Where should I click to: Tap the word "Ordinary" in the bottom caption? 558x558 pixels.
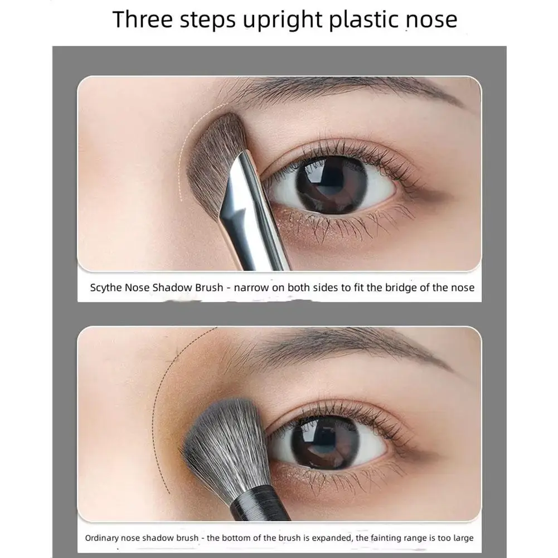pyautogui.click(x=102, y=538)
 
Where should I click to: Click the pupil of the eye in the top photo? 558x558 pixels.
pyautogui.click(x=331, y=185)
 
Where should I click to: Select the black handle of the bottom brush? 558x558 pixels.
pyautogui.click(x=260, y=506)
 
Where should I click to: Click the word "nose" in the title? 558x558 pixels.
pyautogui.click(x=431, y=21)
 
